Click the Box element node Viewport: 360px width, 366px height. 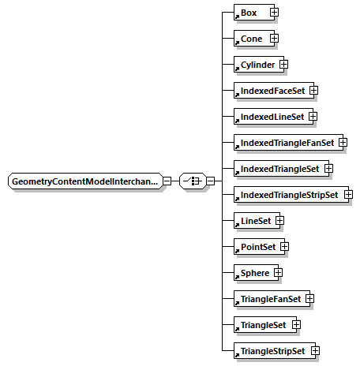point(250,13)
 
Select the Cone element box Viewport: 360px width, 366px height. point(251,39)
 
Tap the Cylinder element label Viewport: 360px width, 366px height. point(257,65)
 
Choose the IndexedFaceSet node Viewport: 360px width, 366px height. point(272,91)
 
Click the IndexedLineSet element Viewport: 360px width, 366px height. point(272,117)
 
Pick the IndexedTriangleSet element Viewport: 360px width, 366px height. point(279,169)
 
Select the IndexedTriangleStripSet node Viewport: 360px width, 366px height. point(289,195)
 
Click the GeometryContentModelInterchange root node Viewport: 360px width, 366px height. point(84,181)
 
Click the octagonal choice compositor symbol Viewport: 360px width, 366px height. point(191,181)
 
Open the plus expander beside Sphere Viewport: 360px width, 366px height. point(278,273)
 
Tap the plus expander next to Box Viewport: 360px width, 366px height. point(274,13)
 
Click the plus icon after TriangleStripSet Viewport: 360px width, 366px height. point(314,350)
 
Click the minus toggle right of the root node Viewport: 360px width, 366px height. point(167,181)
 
